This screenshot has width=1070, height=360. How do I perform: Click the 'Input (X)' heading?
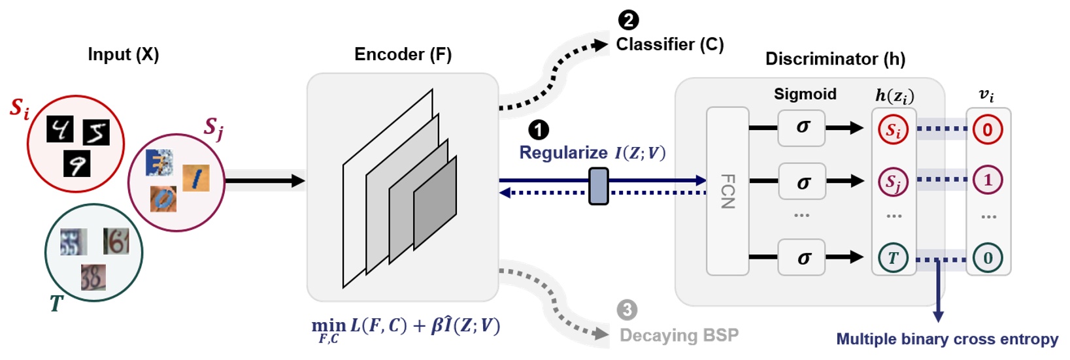tap(123, 54)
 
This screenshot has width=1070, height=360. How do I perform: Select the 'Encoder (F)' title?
tap(403, 54)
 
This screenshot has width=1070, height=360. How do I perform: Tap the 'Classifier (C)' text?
tap(670, 44)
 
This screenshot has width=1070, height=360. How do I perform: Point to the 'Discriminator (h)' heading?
tap(835, 59)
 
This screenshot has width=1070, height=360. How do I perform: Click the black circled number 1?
tap(538, 130)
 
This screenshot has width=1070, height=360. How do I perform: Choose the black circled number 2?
tap(628, 20)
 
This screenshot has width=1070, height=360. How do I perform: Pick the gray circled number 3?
tap(627, 310)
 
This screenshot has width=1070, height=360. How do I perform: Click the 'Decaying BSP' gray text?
tap(679, 335)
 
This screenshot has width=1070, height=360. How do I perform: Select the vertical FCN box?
tap(727, 191)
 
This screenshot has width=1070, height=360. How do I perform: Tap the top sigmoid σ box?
tap(801, 128)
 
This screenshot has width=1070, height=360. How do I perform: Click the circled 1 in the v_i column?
tap(988, 180)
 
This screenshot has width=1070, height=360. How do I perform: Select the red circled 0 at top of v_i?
tap(988, 129)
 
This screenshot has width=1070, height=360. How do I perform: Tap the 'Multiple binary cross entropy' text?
tap(946, 339)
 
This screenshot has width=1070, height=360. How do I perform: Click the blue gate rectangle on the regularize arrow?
tap(599, 186)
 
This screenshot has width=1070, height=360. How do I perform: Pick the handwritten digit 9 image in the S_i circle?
tap(76, 164)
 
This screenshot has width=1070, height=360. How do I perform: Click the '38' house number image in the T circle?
tap(93, 277)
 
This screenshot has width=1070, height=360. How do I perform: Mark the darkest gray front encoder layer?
tap(435, 203)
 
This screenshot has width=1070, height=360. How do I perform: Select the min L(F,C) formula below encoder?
tap(405, 327)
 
